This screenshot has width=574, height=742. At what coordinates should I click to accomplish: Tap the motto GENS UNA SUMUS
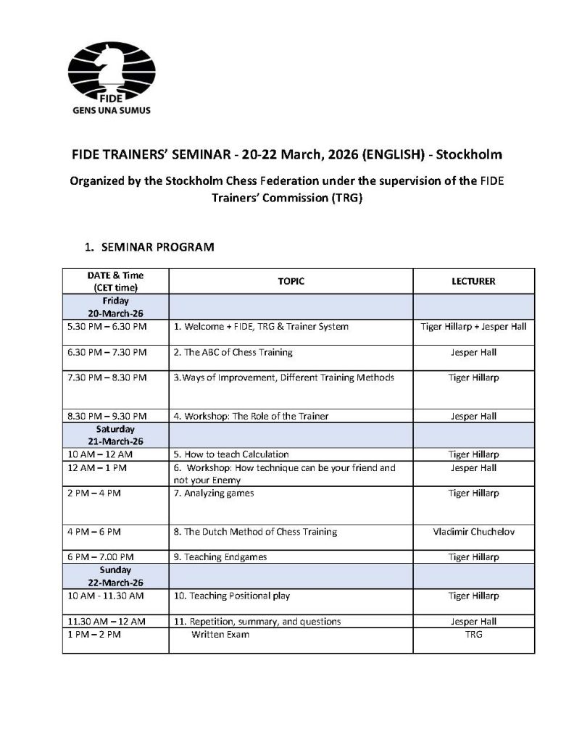tap(109, 112)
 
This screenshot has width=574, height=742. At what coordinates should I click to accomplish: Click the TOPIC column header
tap(291, 281)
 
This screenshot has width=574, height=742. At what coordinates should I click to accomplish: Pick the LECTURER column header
tap(473, 281)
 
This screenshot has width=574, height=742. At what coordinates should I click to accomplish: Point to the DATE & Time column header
tap(115, 281)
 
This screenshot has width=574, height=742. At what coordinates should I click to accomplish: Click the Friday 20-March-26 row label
tap(115, 307)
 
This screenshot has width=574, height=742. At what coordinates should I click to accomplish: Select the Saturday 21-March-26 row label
tap(115, 435)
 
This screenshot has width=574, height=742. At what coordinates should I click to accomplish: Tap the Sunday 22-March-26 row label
tap(115, 576)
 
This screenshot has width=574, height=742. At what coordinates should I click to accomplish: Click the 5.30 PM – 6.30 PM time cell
tap(107, 326)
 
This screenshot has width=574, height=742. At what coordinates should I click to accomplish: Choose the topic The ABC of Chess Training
tap(233, 352)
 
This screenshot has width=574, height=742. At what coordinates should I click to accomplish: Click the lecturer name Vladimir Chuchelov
tap(473, 531)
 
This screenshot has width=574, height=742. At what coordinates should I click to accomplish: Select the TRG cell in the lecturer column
tap(473, 634)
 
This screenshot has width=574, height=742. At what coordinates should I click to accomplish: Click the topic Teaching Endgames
tap(220, 556)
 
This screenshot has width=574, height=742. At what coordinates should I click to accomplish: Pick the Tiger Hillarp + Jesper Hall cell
tap(473, 326)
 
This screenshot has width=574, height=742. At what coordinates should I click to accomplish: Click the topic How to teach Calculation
tap(231, 454)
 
